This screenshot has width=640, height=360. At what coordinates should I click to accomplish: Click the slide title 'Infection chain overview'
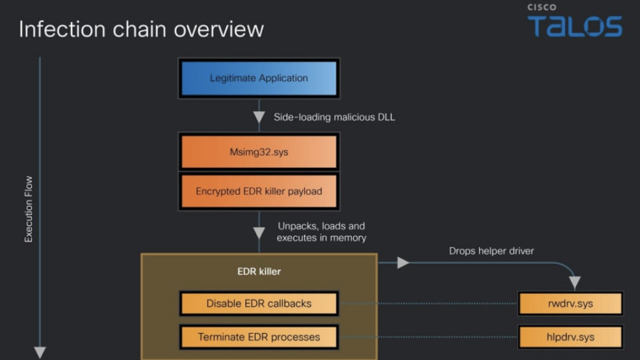pos(141,29)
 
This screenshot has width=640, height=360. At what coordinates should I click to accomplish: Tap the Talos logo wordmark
pos(575,26)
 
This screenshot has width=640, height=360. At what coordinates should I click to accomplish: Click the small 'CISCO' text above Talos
pos(542,7)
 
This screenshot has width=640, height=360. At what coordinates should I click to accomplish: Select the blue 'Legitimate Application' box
pos(259,78)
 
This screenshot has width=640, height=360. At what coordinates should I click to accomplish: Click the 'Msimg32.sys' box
pos(259,151)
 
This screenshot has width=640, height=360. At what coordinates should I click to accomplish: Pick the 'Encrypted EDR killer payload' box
pos(259,191)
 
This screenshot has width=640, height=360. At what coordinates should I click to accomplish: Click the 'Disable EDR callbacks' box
pos(259,303)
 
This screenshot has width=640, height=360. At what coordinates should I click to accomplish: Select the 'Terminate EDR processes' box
pos(259,337)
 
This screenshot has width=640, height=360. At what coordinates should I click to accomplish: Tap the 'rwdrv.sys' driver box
pos(570,303)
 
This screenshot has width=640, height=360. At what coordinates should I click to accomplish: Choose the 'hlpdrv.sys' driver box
pos(570,337)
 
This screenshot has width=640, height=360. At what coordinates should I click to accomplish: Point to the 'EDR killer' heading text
pos(259,272)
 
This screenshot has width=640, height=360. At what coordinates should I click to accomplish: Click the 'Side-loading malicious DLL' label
pos(334,117)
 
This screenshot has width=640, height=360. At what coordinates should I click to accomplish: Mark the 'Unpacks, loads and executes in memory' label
pos(321,232)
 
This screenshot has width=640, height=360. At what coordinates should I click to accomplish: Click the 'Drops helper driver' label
pos(491,250)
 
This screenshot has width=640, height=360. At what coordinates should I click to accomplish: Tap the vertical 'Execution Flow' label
pos(29,209)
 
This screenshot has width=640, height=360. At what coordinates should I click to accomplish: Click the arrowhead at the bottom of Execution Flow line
pos(40,352)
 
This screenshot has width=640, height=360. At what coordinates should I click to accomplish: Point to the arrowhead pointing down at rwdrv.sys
pos(575,282)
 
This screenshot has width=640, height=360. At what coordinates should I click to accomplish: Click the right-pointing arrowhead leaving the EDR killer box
pos(403,263)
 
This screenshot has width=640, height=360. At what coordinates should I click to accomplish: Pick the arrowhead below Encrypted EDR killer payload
pos(259,233)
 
